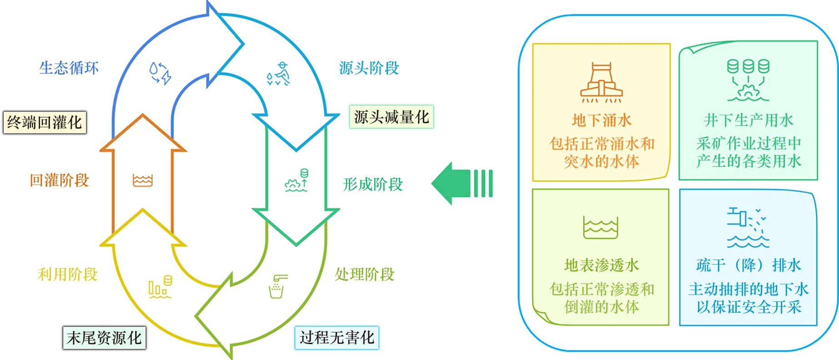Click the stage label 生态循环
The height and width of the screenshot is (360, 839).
tap(69, 68)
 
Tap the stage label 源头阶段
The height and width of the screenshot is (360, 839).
tap(369, 68)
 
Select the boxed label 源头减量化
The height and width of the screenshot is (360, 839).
tap(391, 117)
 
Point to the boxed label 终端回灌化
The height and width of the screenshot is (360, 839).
tap(45, 122)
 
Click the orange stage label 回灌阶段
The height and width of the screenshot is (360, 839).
tap(59, 180)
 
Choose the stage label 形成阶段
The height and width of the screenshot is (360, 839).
tap(373, 185)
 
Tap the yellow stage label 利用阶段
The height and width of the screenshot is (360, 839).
tap(68, 275)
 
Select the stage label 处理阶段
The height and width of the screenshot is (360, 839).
tap(365, 275)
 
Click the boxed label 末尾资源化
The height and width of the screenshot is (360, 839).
tap(104, 338)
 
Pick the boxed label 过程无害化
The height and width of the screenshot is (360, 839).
tap(337, 338)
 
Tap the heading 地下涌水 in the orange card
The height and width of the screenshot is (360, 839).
tap(602, 120)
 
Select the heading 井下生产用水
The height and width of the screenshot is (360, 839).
tap(749, 120)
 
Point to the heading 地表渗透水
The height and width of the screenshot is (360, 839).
tap(602, 265)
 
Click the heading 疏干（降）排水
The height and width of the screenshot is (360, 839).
tap(749, 265)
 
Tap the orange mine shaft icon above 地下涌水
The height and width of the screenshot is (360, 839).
tap(601, 83)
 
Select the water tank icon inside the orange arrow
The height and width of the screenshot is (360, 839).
tap(143, 180)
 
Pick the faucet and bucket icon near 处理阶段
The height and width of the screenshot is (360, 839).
tap(278, 286)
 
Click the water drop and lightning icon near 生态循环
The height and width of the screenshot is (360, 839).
tap(160, 73)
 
